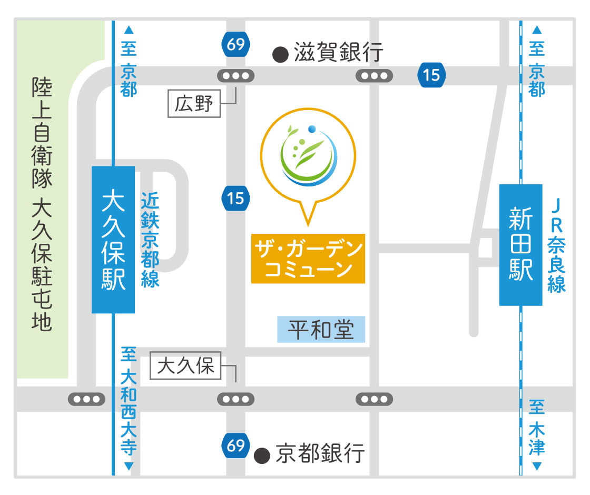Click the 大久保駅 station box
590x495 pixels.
coord(113,240)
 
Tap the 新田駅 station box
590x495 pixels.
coord(520,245)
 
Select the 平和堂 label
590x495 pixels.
coord(321,330)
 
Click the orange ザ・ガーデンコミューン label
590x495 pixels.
coord(308,259)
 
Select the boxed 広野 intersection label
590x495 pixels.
coord(194,104)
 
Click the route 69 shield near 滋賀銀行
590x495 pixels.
coord(235,45)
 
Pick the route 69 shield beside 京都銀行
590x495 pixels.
coord(235,446)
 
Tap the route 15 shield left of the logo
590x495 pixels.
coord(235,199)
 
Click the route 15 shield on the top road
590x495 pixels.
coord(431,75)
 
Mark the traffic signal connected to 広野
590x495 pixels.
coord(235,76)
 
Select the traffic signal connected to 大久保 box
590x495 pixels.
coord(235,399)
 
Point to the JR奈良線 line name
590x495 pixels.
coord(556,245)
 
